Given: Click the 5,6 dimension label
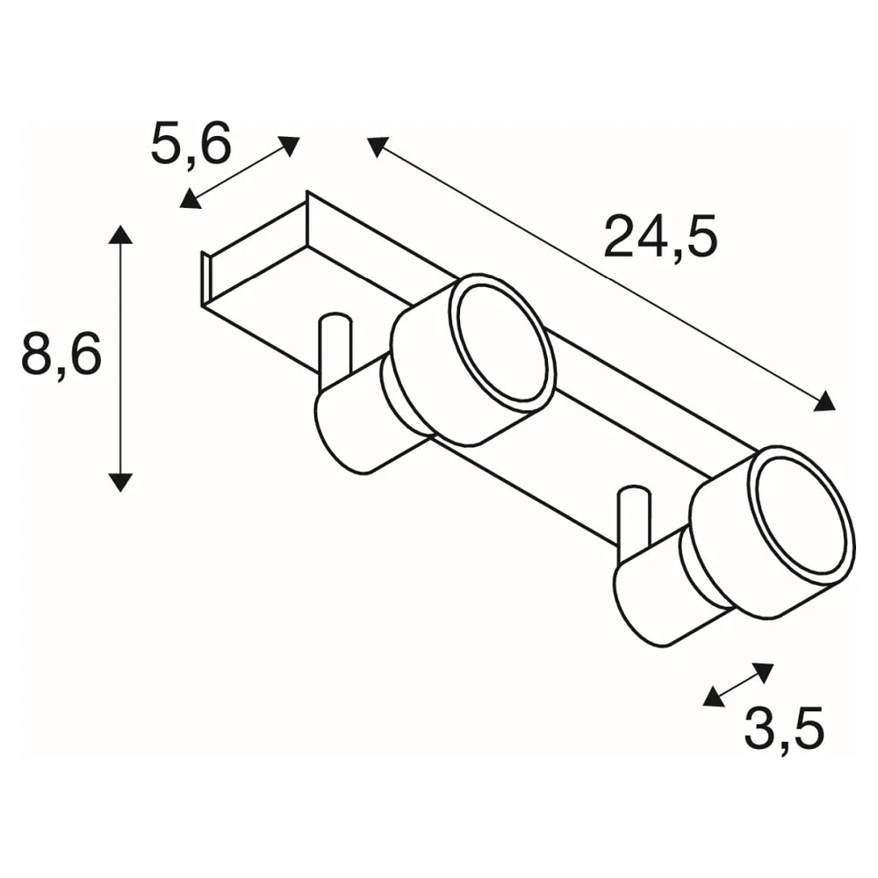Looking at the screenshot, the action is tap(191, 143).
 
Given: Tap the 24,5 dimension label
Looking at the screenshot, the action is tap(661, 237).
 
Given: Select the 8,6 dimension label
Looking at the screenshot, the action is tap(61, 353).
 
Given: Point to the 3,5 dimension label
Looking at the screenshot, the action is tap(784, 728).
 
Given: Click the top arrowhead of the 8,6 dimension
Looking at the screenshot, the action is tap(120, 234).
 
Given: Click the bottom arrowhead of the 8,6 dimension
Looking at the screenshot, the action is tap(120, 481).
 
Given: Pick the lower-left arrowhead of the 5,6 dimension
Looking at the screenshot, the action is tap(191, 198).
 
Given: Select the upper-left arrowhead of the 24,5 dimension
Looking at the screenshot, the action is tap(378, 147).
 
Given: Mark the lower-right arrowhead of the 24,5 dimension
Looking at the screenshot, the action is tap(824, 401).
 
